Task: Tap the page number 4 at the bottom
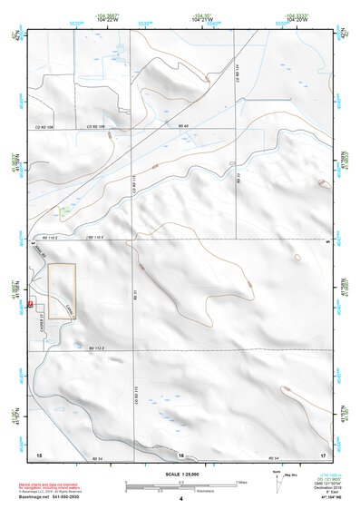click(x=180, y=499)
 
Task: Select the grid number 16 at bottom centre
click(x=181, y=453)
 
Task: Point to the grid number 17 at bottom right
click(x=322, y=453)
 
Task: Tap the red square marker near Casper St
click(x=31, y=304)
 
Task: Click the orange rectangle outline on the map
click(x=62, y=291)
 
